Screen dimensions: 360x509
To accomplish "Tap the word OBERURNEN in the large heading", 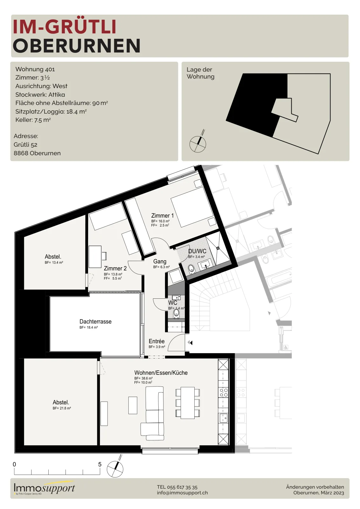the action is (x=77, y=46).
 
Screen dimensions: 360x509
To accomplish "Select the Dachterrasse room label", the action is (x=95, y=322).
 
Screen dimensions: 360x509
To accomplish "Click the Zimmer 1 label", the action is (x=163, y=215).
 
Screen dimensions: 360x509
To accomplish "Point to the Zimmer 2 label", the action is (x=115, y=268).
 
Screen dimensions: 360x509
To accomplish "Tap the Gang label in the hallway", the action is (x=160, y=261).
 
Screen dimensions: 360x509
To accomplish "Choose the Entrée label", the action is (x=156, y=341).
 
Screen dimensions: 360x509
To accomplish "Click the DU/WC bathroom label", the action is (x=197, y=251).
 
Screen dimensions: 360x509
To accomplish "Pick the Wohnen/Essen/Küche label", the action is (x=161, y=373).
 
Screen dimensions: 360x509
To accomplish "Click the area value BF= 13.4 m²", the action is (x=54, y=262).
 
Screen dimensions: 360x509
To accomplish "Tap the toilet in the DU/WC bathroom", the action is (x=191, y=268).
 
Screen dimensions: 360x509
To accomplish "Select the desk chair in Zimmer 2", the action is (x=104, y=256).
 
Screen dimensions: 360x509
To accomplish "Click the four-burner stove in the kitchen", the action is (x=223, y=393).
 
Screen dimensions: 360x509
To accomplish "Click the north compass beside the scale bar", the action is (x=115, y=469).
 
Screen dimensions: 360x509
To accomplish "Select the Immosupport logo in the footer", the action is (x=44, y=488).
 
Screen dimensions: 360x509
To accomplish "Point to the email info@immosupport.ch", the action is (x=182, y=493).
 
